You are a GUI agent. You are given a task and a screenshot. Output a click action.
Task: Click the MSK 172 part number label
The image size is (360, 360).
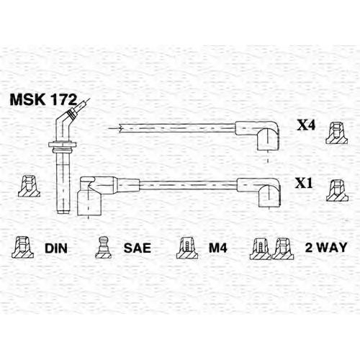43,100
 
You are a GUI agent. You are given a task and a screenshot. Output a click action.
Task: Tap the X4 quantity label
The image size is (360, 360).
306,125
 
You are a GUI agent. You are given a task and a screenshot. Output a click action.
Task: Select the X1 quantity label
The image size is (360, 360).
304,184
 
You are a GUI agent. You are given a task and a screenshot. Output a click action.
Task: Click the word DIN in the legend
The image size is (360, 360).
56,248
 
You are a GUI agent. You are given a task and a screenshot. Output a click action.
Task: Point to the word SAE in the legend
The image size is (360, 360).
138,248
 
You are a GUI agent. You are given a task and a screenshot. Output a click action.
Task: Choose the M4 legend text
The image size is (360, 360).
217,248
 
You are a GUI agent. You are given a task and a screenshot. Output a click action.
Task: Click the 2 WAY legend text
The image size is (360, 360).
326,247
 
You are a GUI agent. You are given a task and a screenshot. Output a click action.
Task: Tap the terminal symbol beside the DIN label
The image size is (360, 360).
23,248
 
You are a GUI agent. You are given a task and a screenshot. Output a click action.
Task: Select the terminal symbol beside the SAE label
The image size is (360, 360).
103,248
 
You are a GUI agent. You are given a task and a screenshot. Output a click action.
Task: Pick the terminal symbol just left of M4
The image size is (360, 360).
187,248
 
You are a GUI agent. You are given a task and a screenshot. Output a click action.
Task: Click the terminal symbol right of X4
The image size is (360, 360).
337,133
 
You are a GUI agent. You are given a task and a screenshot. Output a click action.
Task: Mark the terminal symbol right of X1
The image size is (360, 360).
337,190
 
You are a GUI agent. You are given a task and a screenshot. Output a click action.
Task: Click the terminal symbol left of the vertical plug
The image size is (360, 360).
29,186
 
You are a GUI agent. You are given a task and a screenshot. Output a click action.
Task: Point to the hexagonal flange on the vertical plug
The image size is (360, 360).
63,145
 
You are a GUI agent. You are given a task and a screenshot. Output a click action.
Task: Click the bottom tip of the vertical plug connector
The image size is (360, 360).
63,212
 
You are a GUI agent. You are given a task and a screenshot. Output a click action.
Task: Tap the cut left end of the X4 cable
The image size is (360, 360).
120,128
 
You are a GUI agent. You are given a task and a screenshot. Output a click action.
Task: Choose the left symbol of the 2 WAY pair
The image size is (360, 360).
261,248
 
